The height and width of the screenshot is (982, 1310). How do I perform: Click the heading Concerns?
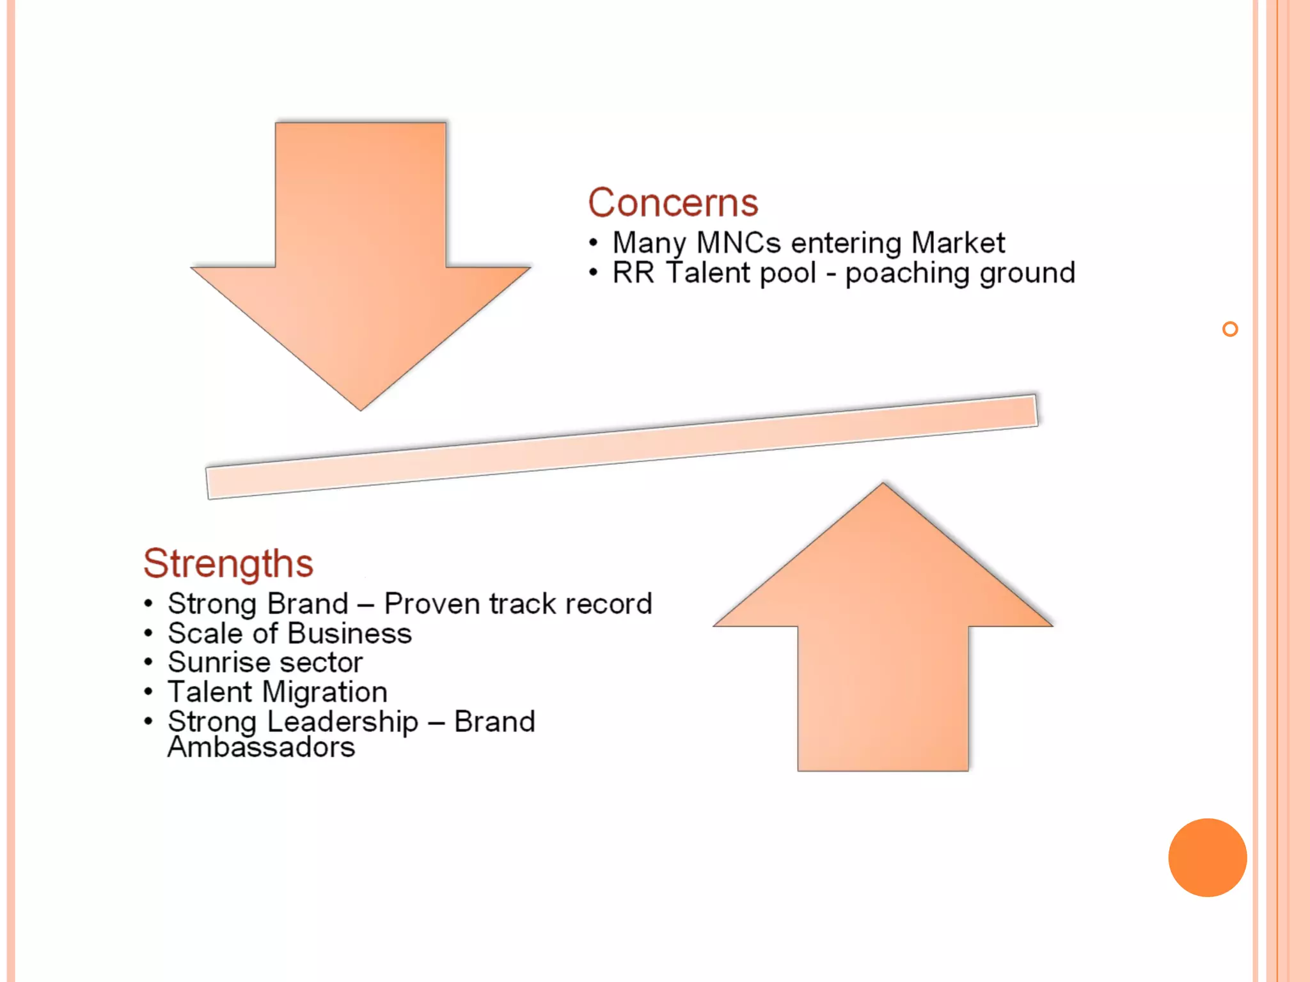(x=673, y=203)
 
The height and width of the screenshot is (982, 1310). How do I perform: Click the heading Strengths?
(x=228, y=563)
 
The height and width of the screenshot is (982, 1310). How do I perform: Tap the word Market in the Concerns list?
(x=958, y=243)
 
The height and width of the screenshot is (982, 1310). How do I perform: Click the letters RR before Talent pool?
(x=633, y=273)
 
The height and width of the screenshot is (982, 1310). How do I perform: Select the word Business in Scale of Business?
(x=349, y=634)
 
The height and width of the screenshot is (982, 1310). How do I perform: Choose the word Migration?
(x=325, y=692)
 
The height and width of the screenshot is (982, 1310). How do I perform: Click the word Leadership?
(x=342, y=722)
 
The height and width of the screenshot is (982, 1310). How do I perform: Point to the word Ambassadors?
(x=261, y=747)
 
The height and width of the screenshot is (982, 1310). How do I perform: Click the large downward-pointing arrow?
(x=361, y=256)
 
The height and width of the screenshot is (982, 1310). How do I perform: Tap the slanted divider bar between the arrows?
(x=620, y=446)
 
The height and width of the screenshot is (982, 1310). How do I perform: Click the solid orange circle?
(x=1207, y=857)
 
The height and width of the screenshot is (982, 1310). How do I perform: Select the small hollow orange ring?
(x=1229, y=329)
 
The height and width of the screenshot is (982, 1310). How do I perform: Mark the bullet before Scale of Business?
(x=148, y=634)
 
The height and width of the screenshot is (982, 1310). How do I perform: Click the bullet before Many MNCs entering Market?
(x=594, y=243)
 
